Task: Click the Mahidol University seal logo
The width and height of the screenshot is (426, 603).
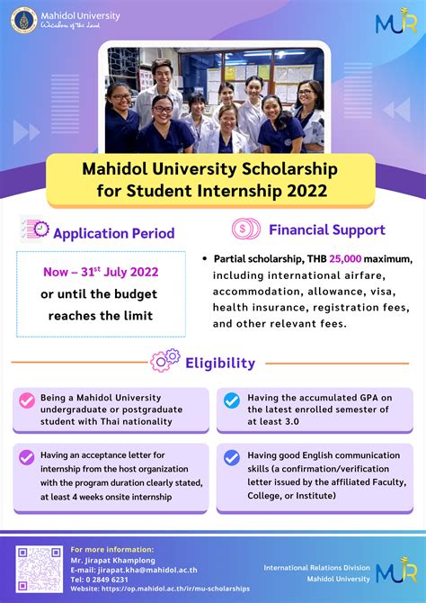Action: [x=26, y=17]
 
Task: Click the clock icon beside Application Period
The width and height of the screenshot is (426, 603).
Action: [x=35, y=230]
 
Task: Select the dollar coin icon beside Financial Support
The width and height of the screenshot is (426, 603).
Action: [x=246, y=229]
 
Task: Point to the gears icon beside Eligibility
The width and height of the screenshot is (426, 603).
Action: [x=164, y=362]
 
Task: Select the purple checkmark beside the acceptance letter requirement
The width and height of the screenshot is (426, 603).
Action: [x=27, y=457]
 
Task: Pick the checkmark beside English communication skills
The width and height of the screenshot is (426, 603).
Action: [x=232, y=457]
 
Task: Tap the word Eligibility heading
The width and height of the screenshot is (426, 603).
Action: [x=220, y=363]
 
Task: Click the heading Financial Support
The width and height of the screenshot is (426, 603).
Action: [x=327, y=229]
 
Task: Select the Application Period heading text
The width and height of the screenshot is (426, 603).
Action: [x=114, y=233]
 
